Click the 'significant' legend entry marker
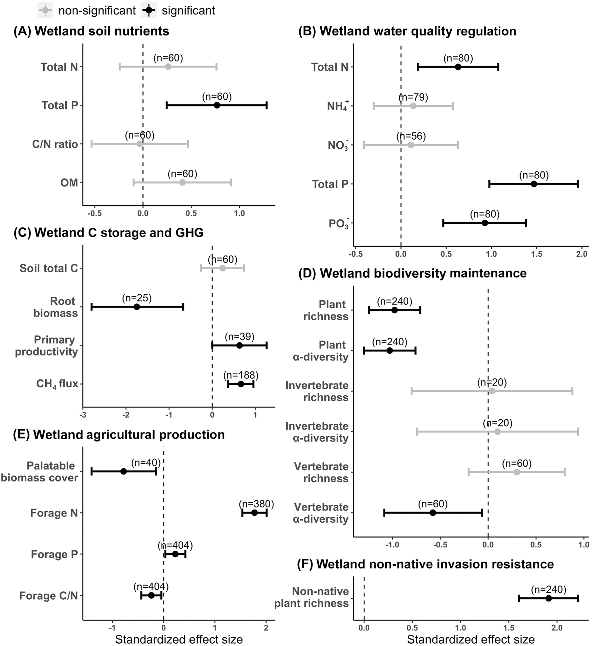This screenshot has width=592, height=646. coord(149,10)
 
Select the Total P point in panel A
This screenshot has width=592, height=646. coord(217,105)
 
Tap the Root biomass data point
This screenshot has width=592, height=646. coord(137,307)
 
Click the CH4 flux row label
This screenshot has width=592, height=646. coord(57,384)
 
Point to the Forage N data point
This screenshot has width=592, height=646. coord(254,513)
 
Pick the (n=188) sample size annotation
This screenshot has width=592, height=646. coord(241,375)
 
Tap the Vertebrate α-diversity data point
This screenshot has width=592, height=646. coord(433,513)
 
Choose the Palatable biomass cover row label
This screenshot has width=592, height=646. coord(40,472)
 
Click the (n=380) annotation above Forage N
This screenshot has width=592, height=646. coord(256,504)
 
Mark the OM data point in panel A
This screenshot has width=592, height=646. coord(182,183)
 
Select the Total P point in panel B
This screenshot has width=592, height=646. coord(534,184)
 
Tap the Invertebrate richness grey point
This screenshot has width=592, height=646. coord(492,391)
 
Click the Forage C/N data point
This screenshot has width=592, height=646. coord(151,595)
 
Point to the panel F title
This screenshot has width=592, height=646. coord(426,564)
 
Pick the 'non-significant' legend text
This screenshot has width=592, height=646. coord(97,11)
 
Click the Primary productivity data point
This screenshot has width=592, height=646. coord(240,345)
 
